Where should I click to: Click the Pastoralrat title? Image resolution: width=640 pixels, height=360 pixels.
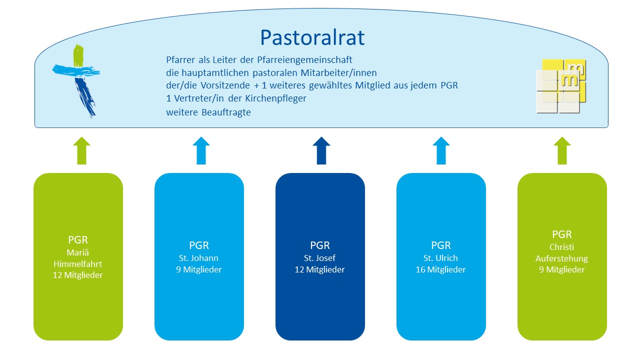point(312,37)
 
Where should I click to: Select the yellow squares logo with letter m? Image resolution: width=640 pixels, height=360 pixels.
point(561,86)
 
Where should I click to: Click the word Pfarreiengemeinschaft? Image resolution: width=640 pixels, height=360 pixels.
point(304,59)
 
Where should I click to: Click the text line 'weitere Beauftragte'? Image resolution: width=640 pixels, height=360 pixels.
point(208,112)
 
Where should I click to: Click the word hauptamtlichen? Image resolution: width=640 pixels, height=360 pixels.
point(215,73)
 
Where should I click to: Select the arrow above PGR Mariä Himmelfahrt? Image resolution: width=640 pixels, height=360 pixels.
point(81,150)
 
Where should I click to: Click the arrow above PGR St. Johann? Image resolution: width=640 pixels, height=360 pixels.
point(201,150)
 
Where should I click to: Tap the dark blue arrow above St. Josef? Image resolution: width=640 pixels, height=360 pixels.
point(321,150)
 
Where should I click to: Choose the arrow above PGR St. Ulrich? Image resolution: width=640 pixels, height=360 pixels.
point(441,150)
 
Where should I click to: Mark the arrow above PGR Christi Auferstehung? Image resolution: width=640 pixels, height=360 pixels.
point(562,150)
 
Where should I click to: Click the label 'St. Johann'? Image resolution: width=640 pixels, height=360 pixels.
point(198,258)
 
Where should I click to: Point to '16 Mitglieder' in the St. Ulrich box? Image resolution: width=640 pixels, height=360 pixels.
point(440,269)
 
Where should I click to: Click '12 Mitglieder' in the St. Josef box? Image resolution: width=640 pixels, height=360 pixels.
point(319,269)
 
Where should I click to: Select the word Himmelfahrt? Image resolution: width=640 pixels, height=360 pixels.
point(77,263)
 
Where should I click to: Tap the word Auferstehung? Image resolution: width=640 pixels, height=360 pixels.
point(561,258)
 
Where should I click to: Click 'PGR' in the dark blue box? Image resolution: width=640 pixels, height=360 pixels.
point(320,245)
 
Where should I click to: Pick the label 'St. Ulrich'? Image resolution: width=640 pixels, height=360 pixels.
point(440,258)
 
